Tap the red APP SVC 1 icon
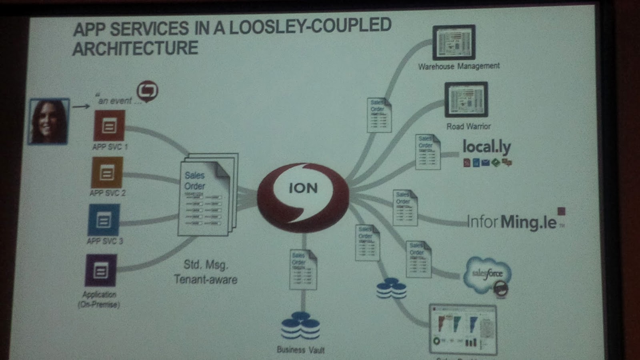pos(109,126)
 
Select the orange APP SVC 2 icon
pos(107,172)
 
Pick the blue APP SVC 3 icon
pos(104,220)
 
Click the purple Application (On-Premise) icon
pos(101,270)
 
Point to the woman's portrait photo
pos(49,121)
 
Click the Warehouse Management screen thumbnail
pos(454,42)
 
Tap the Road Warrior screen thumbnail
pos(466,100)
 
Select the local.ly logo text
pos(486,147)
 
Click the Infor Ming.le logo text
pos(512,222)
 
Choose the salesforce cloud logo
pos(487,274)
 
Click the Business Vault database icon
pos(300,326)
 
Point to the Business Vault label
pos(300,350)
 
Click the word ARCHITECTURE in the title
pos(135,48)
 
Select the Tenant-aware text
pos(206,279)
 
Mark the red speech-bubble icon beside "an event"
pos(147,91)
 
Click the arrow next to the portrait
pos(81,106)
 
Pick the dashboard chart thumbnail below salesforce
pos(463,329)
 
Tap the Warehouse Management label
pos(459,66)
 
